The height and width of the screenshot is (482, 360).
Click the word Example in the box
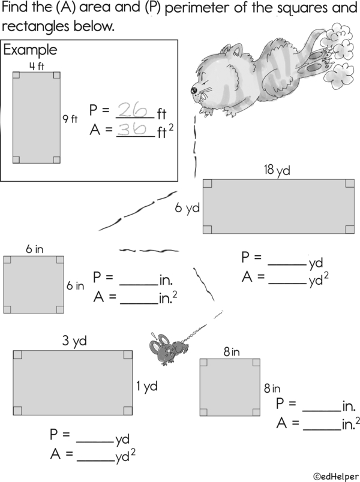[30, 50]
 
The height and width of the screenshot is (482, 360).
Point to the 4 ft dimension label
[37, 66]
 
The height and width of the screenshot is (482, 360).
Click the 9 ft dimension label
[70, 119]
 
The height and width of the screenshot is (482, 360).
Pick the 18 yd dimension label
[277, 170]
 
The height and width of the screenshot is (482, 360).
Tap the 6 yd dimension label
[187, 208]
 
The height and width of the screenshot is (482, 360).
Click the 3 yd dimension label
[74, 341]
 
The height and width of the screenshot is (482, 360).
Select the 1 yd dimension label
[147, 386]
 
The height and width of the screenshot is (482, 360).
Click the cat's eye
[194, 90]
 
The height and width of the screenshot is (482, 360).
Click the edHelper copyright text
[336, 477]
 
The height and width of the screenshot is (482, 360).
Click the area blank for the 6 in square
[139, 304]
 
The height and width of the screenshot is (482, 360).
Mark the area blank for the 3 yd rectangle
[95, 461]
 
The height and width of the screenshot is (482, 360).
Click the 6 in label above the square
[34, 249]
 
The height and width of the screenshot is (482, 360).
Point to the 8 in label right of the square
[272, 389]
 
